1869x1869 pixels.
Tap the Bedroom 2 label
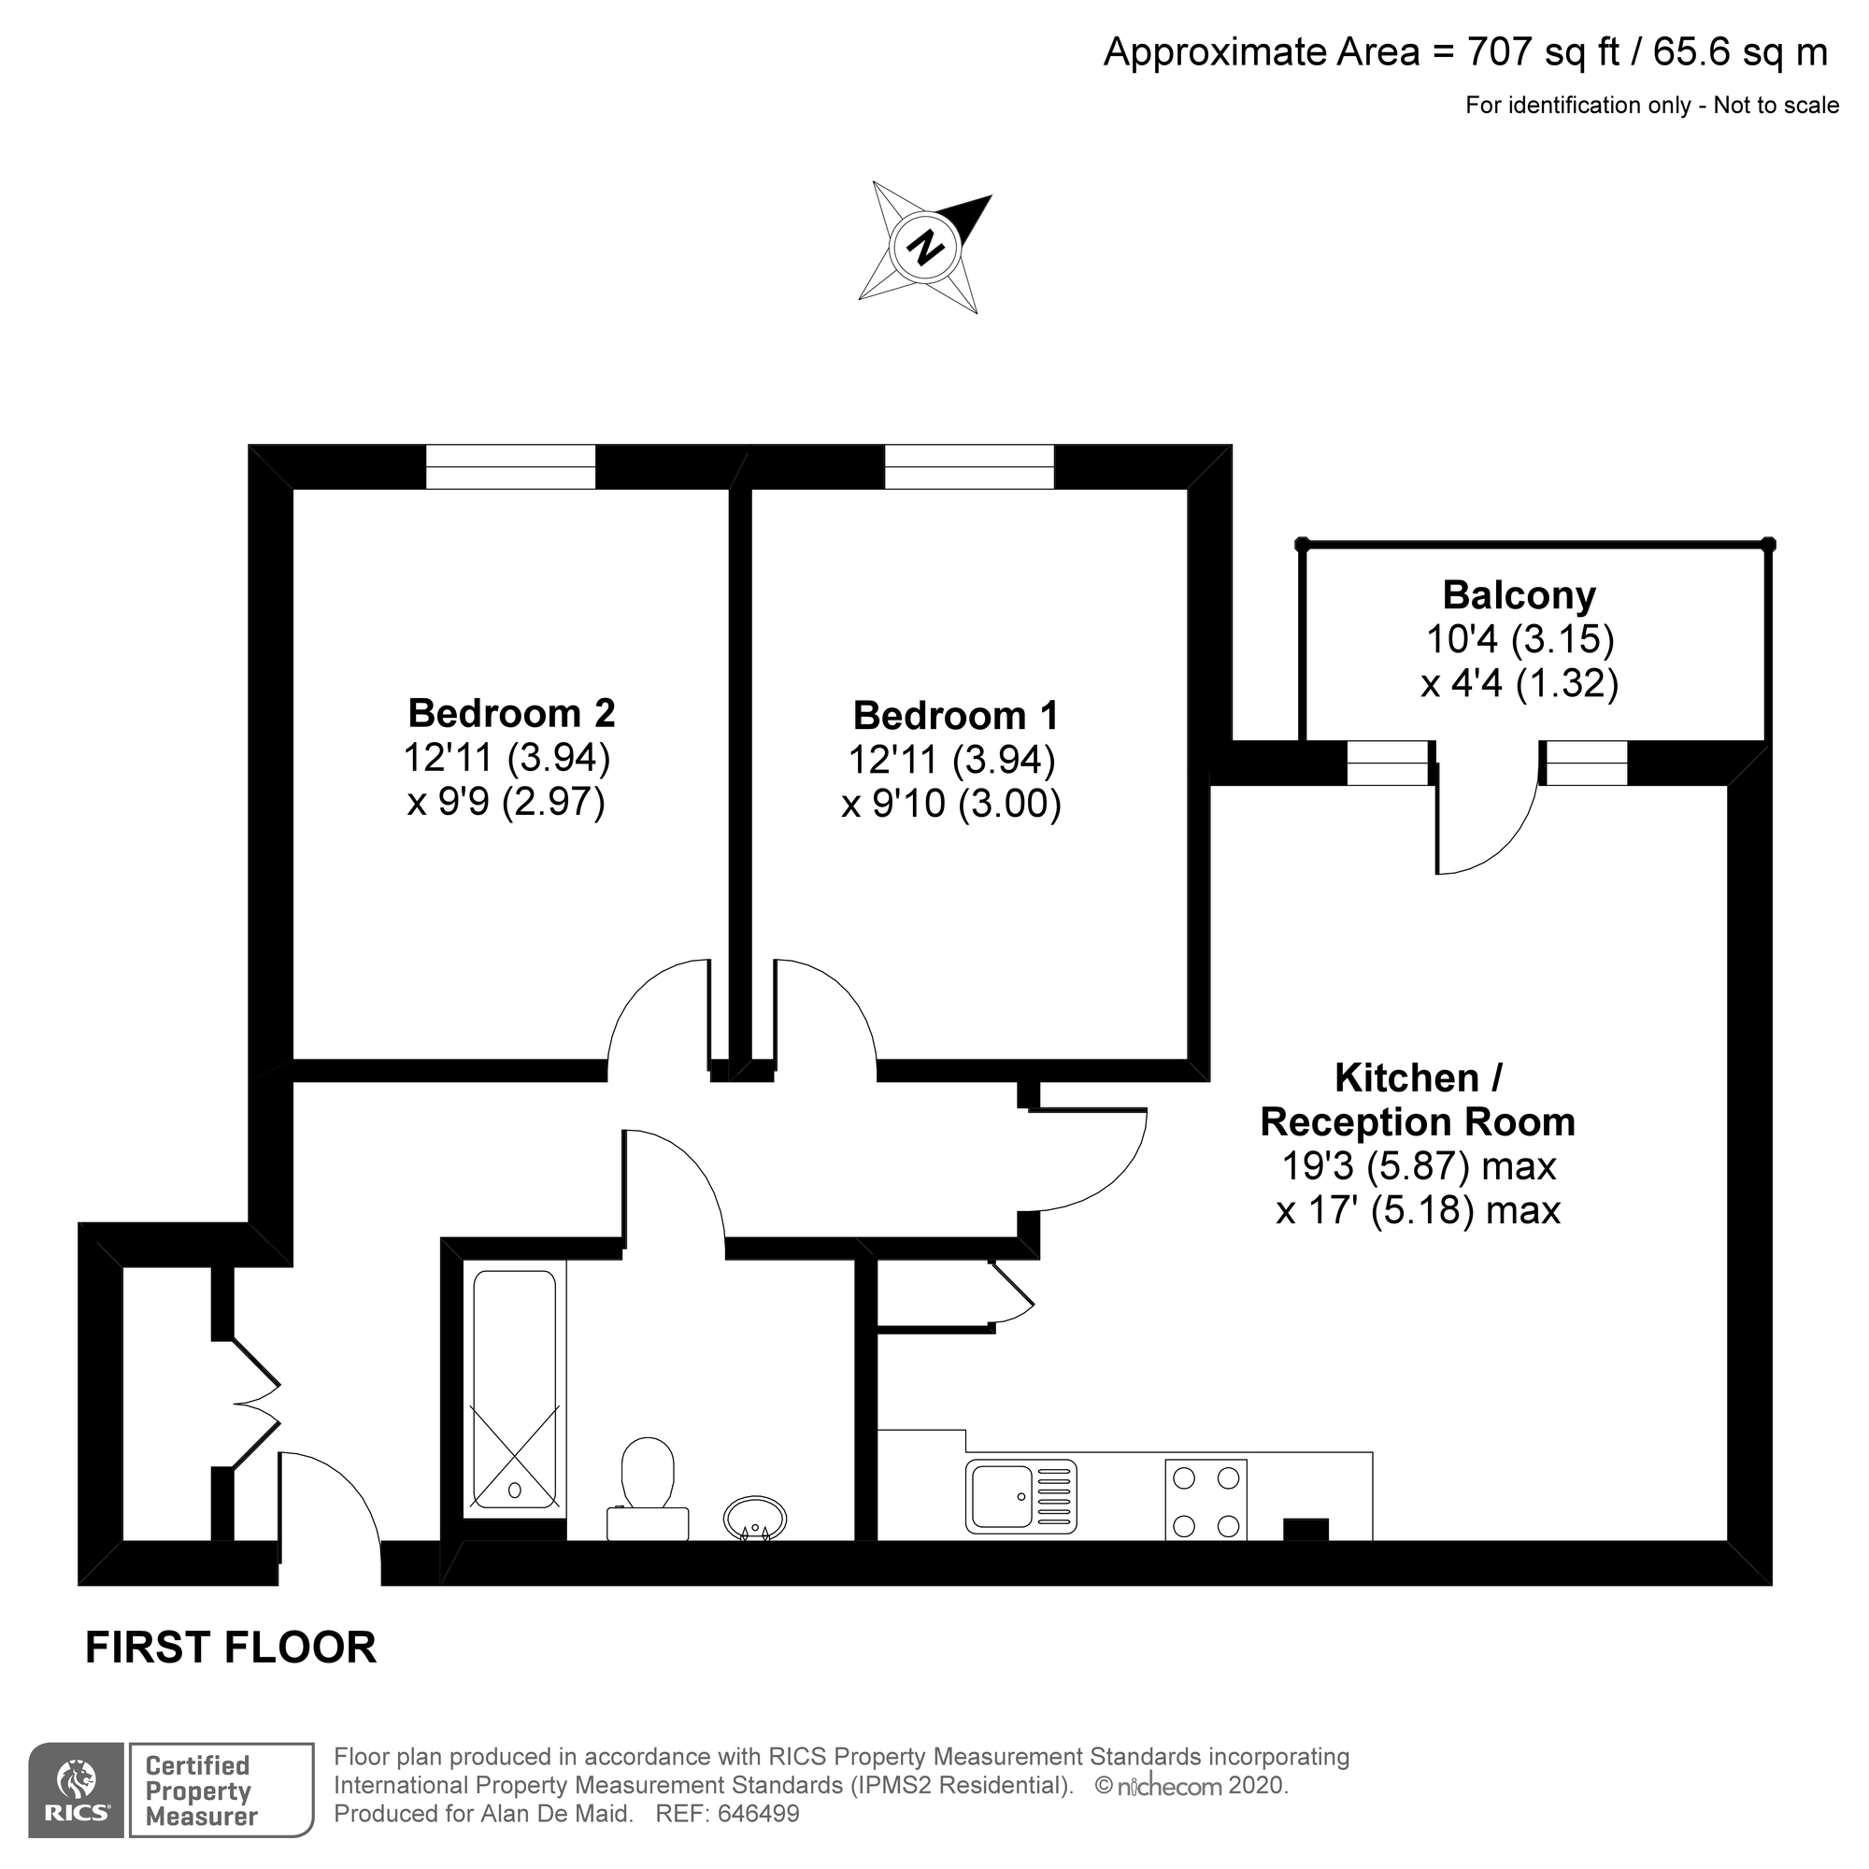click(511, 713)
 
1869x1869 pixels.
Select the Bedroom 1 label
click(955, 716)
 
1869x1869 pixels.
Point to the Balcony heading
click(1519, 595)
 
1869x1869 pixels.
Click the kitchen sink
click(1020, 1496)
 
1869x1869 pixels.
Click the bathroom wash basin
click(754, 1517)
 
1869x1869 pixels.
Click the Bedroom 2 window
click(511, 467)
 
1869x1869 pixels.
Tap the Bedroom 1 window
click(969, 467)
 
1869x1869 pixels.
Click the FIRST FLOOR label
click(230, 1648)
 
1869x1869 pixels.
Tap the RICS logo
click(77, 1803)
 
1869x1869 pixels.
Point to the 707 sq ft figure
click(1543, 51)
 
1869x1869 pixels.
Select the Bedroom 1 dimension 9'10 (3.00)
click(952, 804)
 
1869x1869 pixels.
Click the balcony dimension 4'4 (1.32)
click(1519, 683)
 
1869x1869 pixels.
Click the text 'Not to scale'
click(1776, 106)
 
